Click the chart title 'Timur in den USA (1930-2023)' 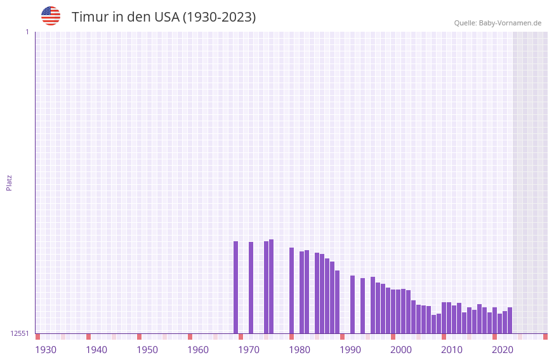164,17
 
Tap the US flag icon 51,16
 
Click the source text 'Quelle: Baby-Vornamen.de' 498,23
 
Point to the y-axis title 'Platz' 9,182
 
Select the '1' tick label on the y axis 27,32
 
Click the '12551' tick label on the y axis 20,333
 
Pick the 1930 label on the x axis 46,350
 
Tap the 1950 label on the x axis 147,350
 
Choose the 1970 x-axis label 249,350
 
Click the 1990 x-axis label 350,350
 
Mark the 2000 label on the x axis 401,350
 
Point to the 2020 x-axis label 503,350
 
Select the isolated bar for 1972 251,288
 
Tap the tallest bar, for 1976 271,286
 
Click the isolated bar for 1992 352,304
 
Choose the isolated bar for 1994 362,305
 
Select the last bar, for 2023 510,320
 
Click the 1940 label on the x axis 96,350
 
